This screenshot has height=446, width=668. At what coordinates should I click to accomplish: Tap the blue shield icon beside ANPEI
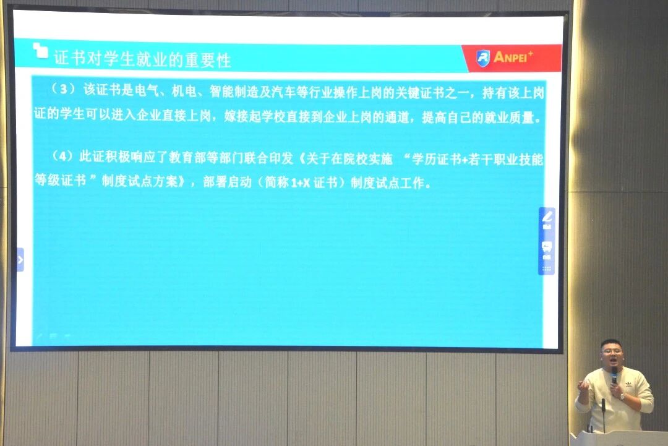point(482,58)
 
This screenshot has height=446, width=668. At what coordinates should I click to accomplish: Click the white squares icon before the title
point(40,50)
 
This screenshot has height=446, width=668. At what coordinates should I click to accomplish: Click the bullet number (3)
point(63,90)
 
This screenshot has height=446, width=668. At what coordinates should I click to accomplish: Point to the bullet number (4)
point(62,157)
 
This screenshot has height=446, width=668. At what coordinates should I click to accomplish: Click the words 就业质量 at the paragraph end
point(509,118)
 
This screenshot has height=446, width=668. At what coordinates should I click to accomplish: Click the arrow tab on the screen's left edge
point(20,259)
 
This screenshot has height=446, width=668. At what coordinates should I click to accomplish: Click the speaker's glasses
point(611,351)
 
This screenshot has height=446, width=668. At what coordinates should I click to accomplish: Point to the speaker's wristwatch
point(622,397)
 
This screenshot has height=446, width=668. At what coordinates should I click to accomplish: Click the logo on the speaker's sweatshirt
point(629,384)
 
